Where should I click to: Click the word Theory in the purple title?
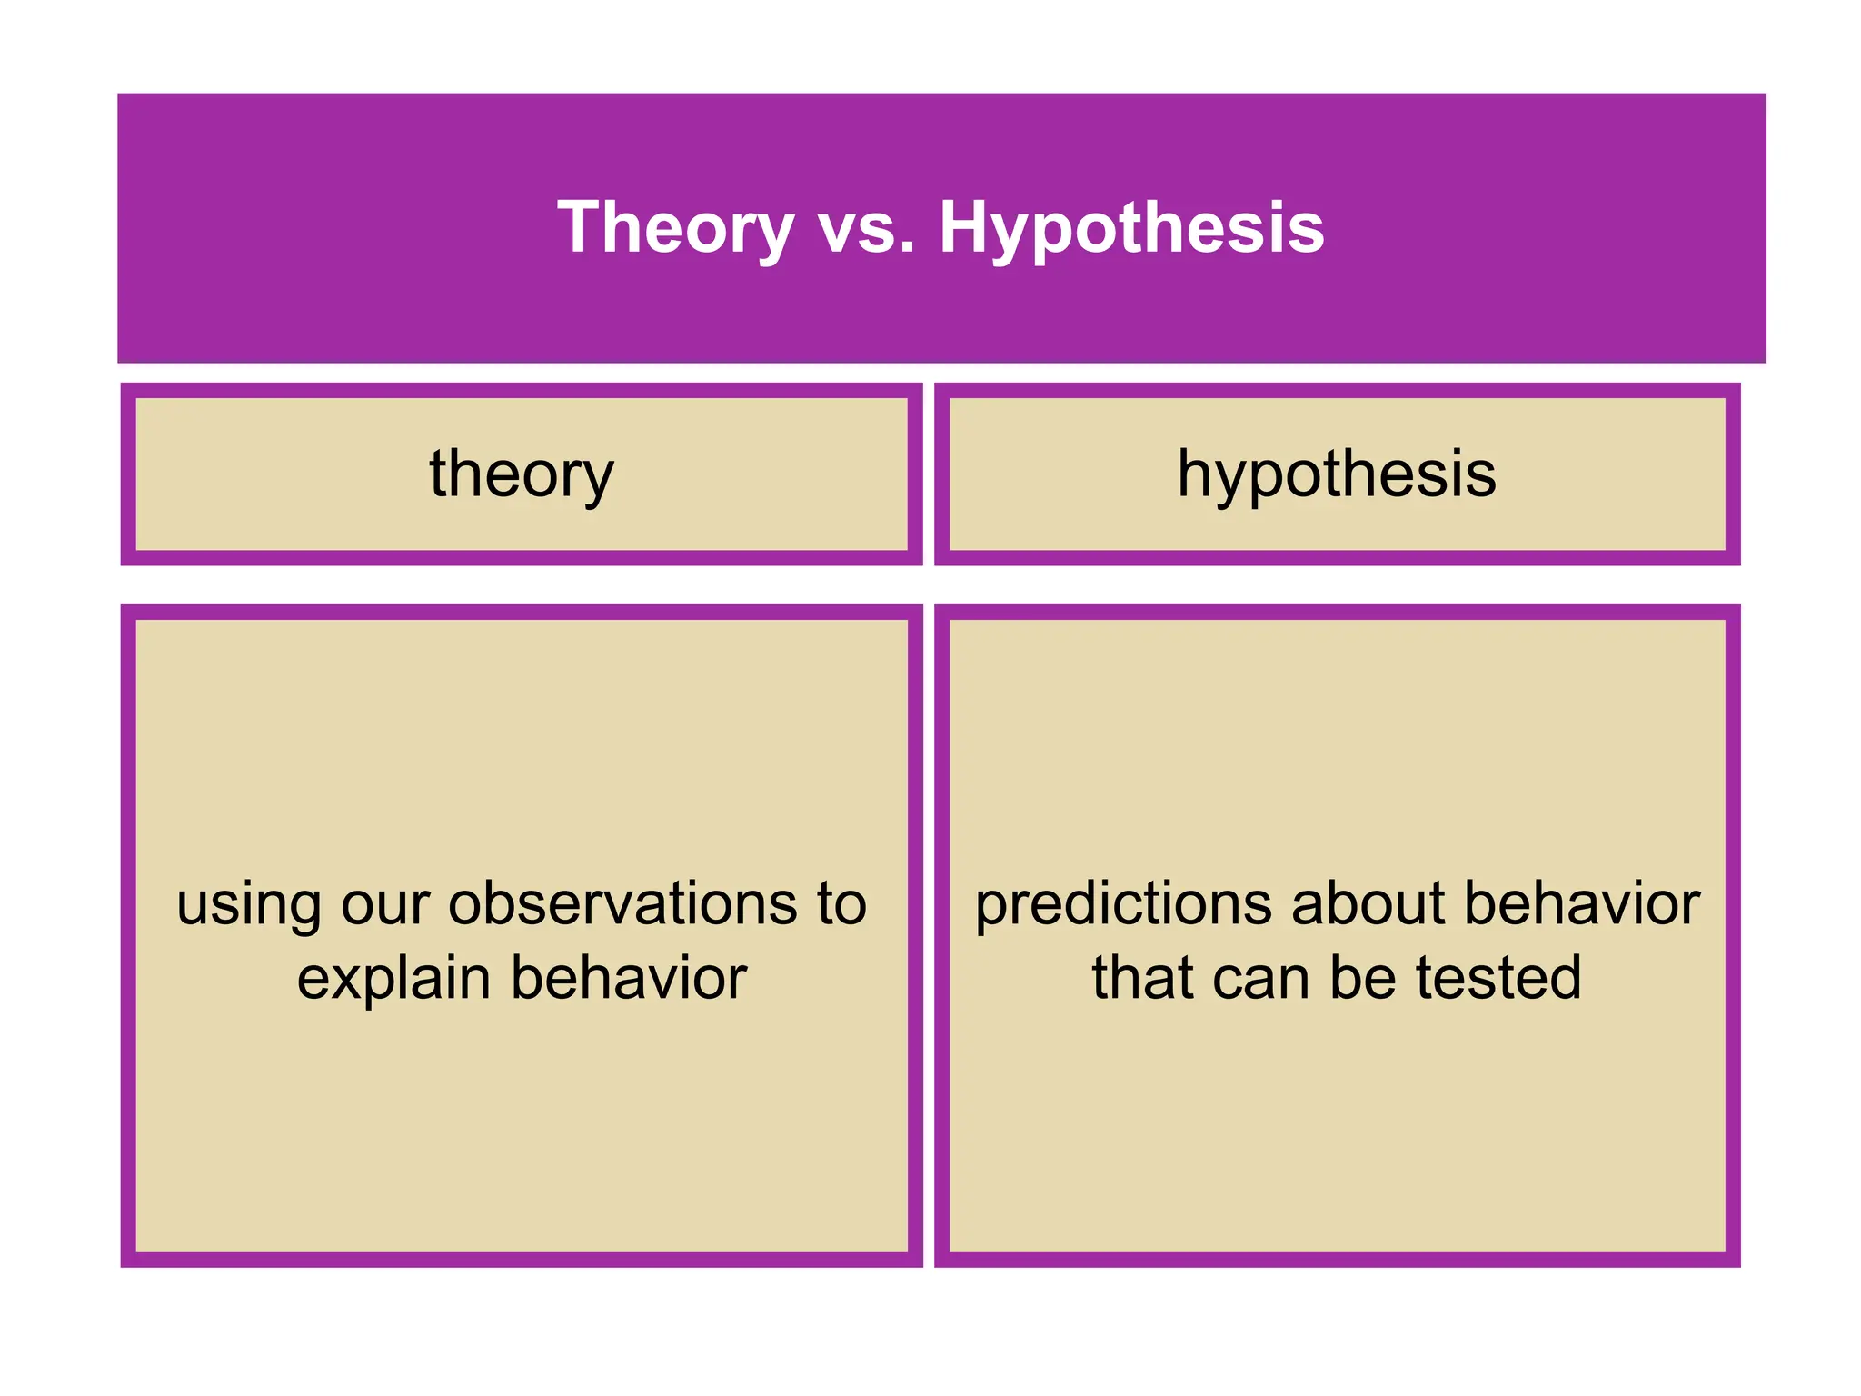coord(675,227)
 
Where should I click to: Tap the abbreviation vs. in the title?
coord(867,227)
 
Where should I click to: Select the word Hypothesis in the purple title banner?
coord(1131,227)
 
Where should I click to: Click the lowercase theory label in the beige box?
coord(522,474)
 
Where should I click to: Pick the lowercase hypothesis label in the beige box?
coord(1337,474)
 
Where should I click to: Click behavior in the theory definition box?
coord(629,980)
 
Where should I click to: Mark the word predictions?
coord(1123,905)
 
